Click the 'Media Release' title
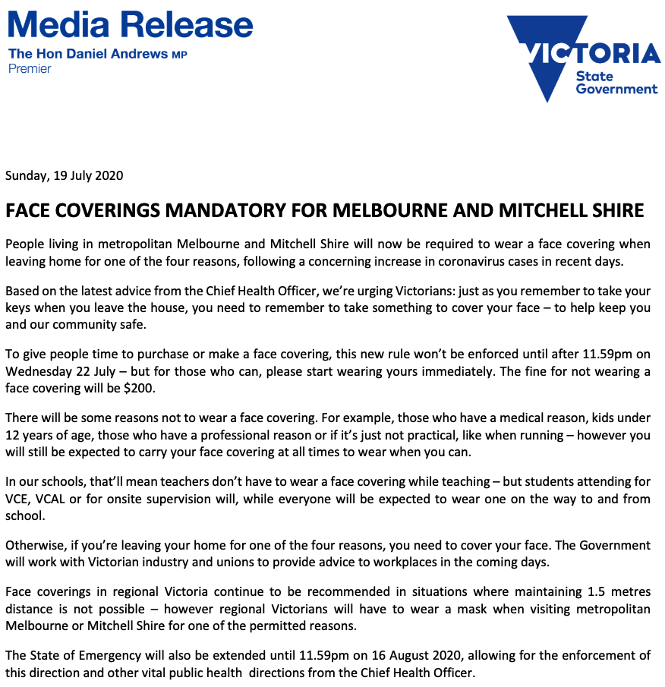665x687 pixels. (130, 24)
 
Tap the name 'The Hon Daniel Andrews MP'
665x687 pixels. (97, 55)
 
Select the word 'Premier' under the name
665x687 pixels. (30, 69)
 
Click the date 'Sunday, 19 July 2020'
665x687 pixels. (64, 175)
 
